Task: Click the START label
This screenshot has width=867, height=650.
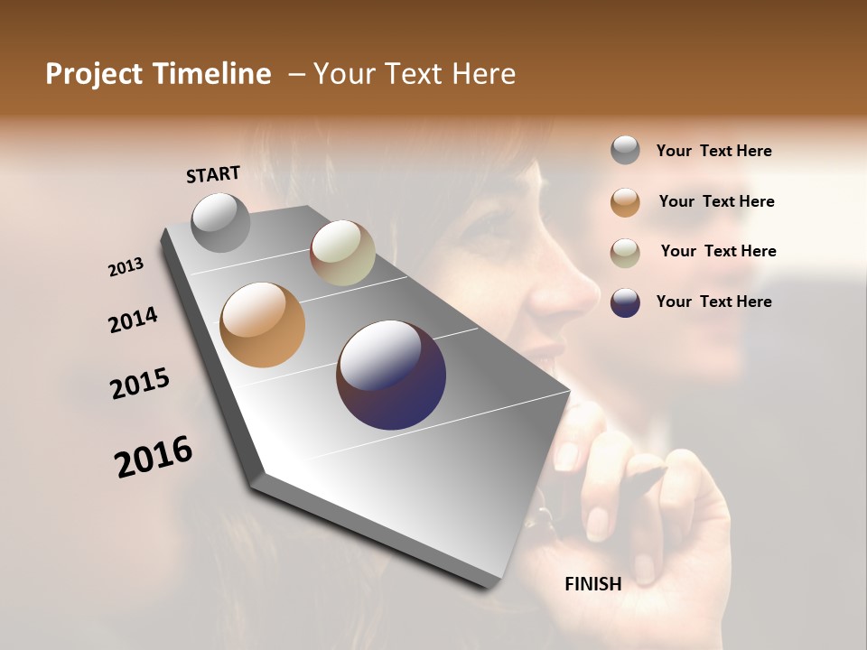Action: (x=213, y=174)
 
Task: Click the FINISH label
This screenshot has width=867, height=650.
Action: (x=593, y=584)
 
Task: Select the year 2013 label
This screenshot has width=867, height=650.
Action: (x=126, y=267)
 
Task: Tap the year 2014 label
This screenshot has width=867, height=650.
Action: (x=133, y=320)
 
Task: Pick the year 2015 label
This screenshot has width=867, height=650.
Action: (x=140, y=384)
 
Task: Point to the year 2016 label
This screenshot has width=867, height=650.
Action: (x=154, y=457)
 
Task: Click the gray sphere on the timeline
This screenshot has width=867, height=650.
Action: (x=221, y=223)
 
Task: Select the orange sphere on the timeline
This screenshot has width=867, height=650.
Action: (x=262, y=325)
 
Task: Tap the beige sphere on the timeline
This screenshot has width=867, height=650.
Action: (x=342, y=253)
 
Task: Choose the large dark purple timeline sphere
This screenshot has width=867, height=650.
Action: (x=391, y=375)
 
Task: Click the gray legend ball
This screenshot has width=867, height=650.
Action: (x=625, y=151)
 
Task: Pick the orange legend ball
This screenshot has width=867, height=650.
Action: (x=625, y=201)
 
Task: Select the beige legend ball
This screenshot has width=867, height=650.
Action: (x=625, y=252)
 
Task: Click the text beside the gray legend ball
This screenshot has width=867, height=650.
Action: (x=713, y=151)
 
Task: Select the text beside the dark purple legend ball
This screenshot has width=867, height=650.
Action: (x=713, y=302)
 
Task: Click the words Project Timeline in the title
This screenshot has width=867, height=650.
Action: (x=158, y=74)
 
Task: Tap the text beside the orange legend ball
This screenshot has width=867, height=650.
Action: (x=716, y=201)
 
